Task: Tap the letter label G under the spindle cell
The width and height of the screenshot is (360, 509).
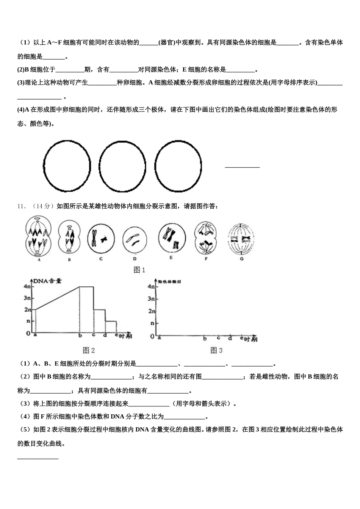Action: tap(241, 259)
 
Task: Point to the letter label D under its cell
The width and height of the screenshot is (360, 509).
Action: tap(135, 259)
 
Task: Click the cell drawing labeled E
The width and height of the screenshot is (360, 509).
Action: tap(171, 237)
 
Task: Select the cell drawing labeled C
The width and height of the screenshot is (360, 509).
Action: tap(101, 238)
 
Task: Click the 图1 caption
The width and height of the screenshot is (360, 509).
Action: tap(139, 270)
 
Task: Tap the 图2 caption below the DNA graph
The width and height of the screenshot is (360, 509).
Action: tap(89, 350)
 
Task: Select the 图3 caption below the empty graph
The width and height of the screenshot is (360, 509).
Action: tap(216, 350)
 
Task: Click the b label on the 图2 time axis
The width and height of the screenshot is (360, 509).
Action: tap(80, 335)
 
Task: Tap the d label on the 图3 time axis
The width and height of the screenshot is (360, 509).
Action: tap(230, 337)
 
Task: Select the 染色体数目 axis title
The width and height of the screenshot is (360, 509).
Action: tap(169, 282)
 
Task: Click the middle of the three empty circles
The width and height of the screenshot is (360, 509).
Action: tap(122, 166)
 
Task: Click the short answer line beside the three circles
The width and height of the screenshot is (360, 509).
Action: tap(242, 167)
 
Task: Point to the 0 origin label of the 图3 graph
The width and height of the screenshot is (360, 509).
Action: tap(152, 336)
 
